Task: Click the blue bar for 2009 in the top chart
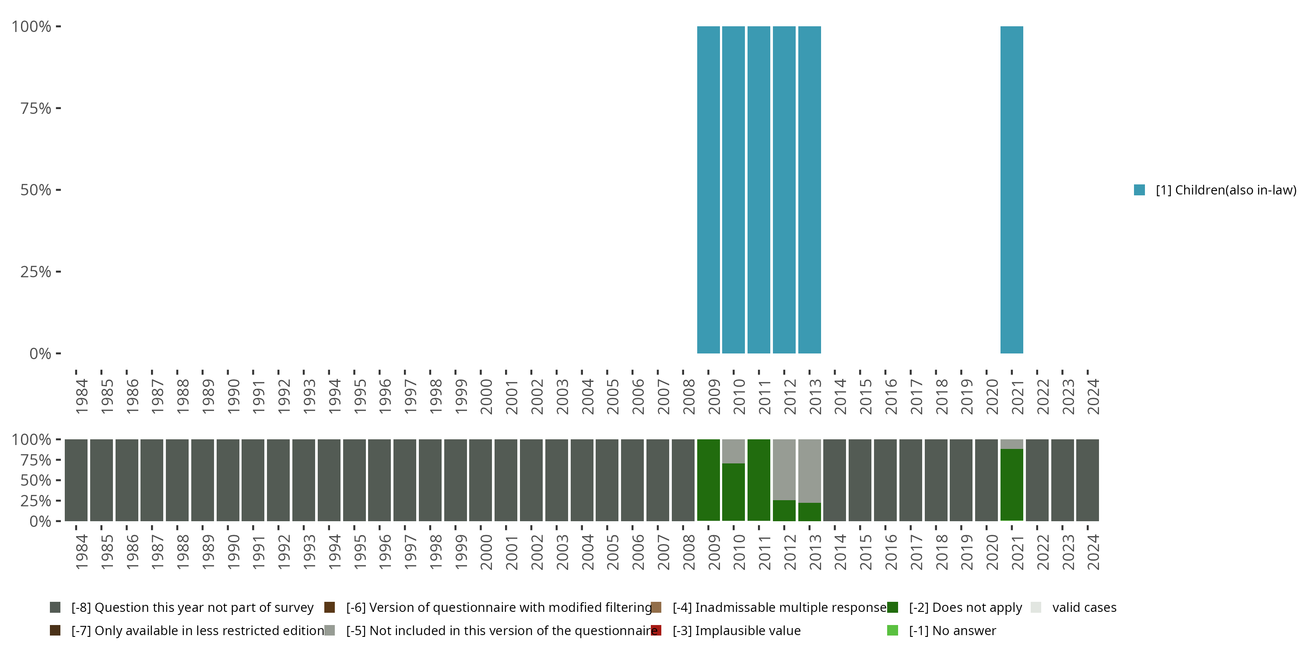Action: pos(708,190)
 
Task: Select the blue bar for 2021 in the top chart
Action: pos(1011,190)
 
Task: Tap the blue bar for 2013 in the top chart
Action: pos(809,190)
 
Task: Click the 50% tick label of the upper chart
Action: pos(36,190)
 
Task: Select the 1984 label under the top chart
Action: pos(81,396)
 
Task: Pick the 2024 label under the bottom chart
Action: pos(1093,552)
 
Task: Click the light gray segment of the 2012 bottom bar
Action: pos(784,469)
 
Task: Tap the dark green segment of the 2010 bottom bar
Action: pos(734,492)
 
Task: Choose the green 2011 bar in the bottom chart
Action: pos(758,480)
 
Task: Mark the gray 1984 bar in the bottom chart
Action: pos(76,480)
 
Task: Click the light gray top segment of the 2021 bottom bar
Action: pos(1011,444)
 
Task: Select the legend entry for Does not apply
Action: pos(965,608)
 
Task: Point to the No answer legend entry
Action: pos(951,630)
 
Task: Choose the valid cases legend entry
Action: pos(1084,608)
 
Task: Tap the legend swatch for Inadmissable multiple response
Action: pos(656,608)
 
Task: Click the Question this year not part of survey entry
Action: pos(192,608)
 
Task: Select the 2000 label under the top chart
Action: pos(486,396)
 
